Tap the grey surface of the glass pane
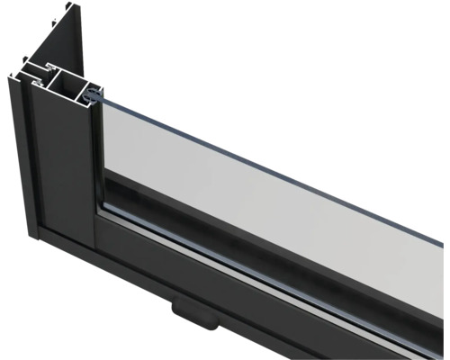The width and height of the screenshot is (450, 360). click(270, 189)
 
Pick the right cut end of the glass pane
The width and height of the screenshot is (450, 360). click(443, 234)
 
